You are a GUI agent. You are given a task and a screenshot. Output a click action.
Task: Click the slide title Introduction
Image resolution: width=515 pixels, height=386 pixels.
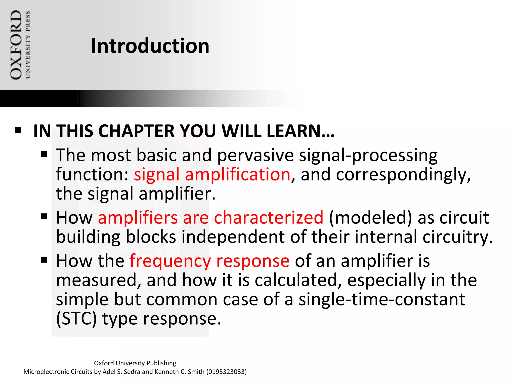coord(150,46)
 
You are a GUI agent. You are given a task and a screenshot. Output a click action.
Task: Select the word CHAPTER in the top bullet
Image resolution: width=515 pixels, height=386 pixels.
coord(137,131)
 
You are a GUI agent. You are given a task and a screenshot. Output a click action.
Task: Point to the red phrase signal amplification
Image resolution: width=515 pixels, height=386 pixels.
coord(212,174)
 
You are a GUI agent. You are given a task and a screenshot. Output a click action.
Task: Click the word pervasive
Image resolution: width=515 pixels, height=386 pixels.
coord(255,155)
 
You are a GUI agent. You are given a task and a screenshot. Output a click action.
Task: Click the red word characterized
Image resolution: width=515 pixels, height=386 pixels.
coord(268,218)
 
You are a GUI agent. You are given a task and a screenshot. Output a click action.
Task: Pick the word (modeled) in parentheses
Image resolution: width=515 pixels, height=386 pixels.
coord(370,218)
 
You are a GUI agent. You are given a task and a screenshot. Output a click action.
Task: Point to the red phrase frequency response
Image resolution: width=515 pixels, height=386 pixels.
coord(209,261)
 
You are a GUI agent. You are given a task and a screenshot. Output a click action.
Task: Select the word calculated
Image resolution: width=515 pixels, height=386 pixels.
coord(298,280)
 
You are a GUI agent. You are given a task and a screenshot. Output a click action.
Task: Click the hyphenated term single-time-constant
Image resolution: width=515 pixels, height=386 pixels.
coord(382,299)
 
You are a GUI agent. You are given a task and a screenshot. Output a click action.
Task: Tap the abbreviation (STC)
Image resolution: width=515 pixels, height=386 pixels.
coord(76,319)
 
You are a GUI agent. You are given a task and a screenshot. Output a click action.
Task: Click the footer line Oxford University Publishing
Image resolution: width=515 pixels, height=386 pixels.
coord(135,363)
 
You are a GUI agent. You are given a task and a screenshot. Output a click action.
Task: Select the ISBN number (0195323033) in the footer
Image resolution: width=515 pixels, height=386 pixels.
coord(226,372)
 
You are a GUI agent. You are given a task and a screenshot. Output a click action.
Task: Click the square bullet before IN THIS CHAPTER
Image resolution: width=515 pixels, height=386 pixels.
coord(18,130)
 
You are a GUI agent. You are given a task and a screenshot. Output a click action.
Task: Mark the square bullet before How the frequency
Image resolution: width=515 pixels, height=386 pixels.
coord(44,260)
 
